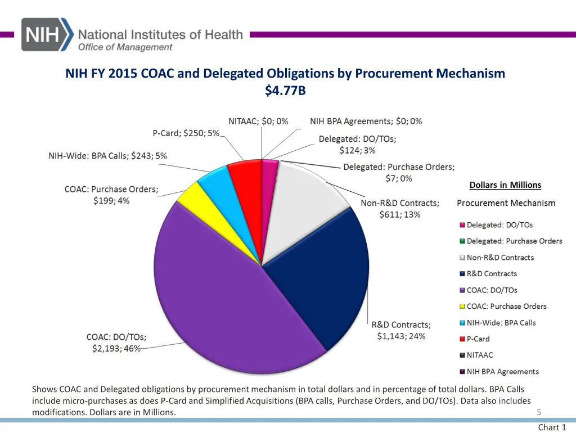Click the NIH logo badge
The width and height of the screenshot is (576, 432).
[47, 34]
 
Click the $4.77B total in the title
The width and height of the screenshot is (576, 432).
[285, 90]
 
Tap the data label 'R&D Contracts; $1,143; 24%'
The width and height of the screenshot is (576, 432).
[401, 331]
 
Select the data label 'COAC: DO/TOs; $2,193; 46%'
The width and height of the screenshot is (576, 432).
[116, 343]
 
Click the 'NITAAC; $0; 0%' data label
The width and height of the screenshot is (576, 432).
[258, 121]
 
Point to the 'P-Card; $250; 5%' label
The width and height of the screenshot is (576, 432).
[186, 133]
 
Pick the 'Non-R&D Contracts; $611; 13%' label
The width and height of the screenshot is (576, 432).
[400, 208]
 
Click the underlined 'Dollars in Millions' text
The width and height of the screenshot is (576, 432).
[505, 185]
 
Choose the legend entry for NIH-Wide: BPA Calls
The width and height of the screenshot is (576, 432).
[501, 323]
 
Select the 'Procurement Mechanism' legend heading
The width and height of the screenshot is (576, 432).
[506, 203]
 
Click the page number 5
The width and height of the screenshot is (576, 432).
[538, 412]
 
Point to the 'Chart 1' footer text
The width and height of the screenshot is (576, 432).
[552, 427]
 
